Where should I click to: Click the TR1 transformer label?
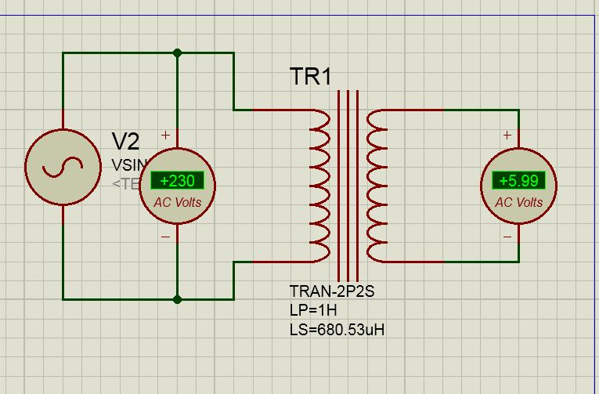point(311,77)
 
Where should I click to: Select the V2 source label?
point(125,142)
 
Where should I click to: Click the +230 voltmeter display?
point(177,181)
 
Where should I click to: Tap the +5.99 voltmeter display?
point(518,181)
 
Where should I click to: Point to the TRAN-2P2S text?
point(332,292)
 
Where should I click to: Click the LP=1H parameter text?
point(313,310)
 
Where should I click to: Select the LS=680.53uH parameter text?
point(337,329)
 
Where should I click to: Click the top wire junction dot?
point(178,53)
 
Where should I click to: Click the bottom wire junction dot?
point(178,298)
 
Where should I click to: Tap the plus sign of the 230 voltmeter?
point(165,136)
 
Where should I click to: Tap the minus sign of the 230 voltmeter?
point(165,236)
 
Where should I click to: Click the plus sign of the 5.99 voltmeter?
point(507,136)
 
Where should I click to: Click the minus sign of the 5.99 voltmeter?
point(507,236)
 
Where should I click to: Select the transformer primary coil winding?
point(321,186)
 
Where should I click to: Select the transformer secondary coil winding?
point(377,186)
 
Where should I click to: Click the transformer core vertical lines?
point(348,186)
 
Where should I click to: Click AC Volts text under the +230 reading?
point(177,202)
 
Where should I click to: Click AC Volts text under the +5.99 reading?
point(518,202)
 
